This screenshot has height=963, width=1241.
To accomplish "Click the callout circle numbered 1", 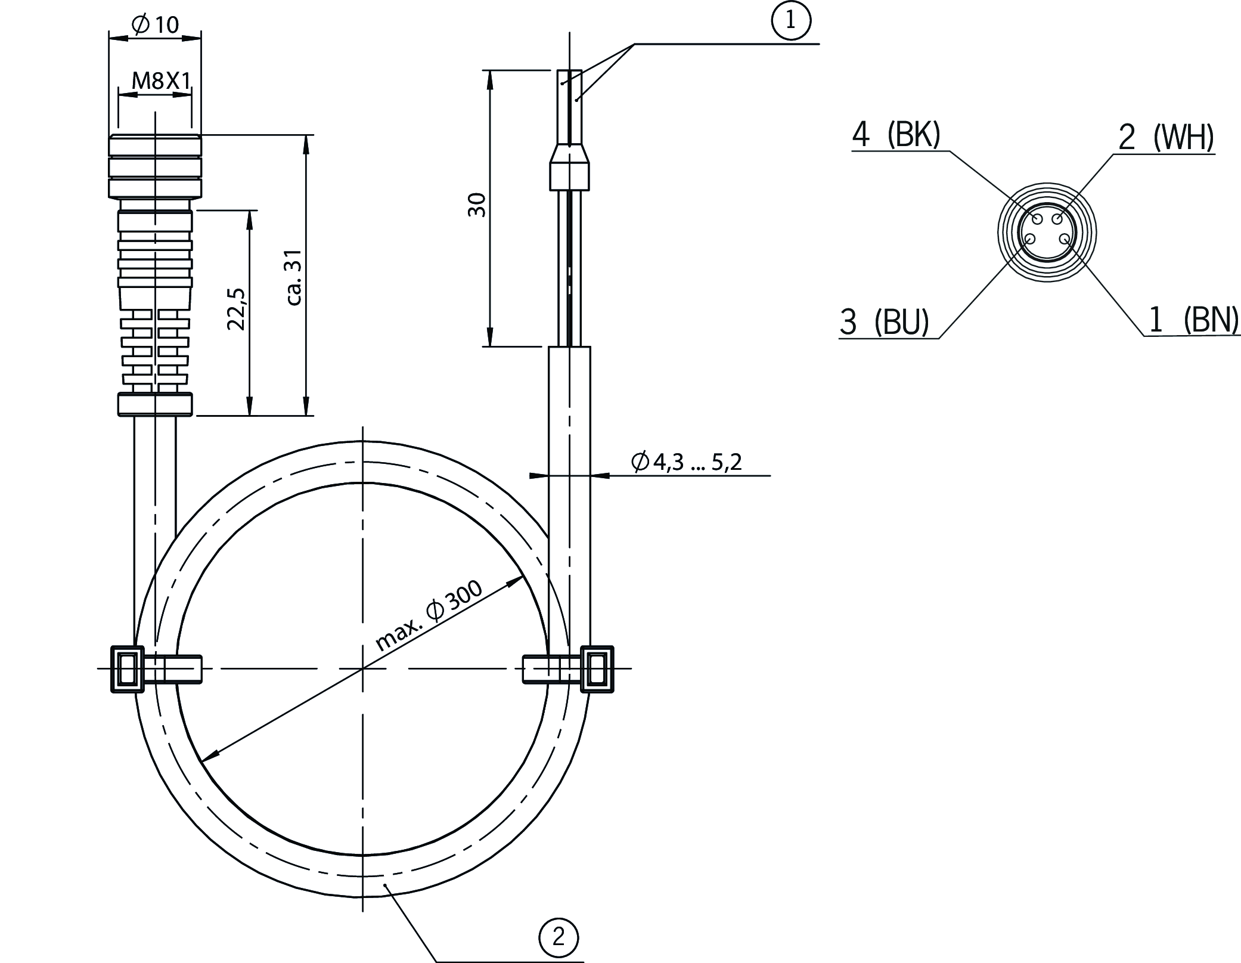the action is [791, 21].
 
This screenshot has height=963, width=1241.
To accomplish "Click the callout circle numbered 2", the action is [559, 937].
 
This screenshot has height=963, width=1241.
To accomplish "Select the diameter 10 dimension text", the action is [154, 24].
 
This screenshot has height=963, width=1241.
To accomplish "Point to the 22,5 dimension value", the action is [237, 309].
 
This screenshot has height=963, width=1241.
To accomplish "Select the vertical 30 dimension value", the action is [477, 205].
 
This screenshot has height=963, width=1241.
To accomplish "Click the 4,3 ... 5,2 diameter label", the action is [687, 462].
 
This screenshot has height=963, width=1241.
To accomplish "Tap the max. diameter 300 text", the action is [430, 616].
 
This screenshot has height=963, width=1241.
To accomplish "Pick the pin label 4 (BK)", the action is [896, 135].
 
